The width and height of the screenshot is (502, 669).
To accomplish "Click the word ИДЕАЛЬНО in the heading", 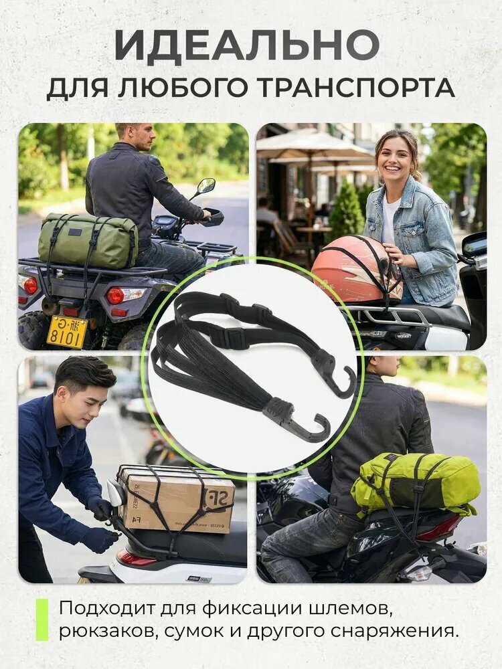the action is [x=247, y=44].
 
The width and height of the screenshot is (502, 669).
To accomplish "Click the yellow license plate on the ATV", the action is [x=66, y=332].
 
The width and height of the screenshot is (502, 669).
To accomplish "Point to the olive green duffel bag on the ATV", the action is [x=88, y=241].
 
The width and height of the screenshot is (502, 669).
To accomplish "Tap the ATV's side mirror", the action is [x=205, y=186].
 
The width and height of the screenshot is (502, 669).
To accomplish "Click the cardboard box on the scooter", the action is [x=176, y=498].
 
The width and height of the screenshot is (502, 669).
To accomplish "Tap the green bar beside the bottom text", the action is [x=41, y=619].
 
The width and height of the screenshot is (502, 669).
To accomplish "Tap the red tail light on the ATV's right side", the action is [x=115, y=295].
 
